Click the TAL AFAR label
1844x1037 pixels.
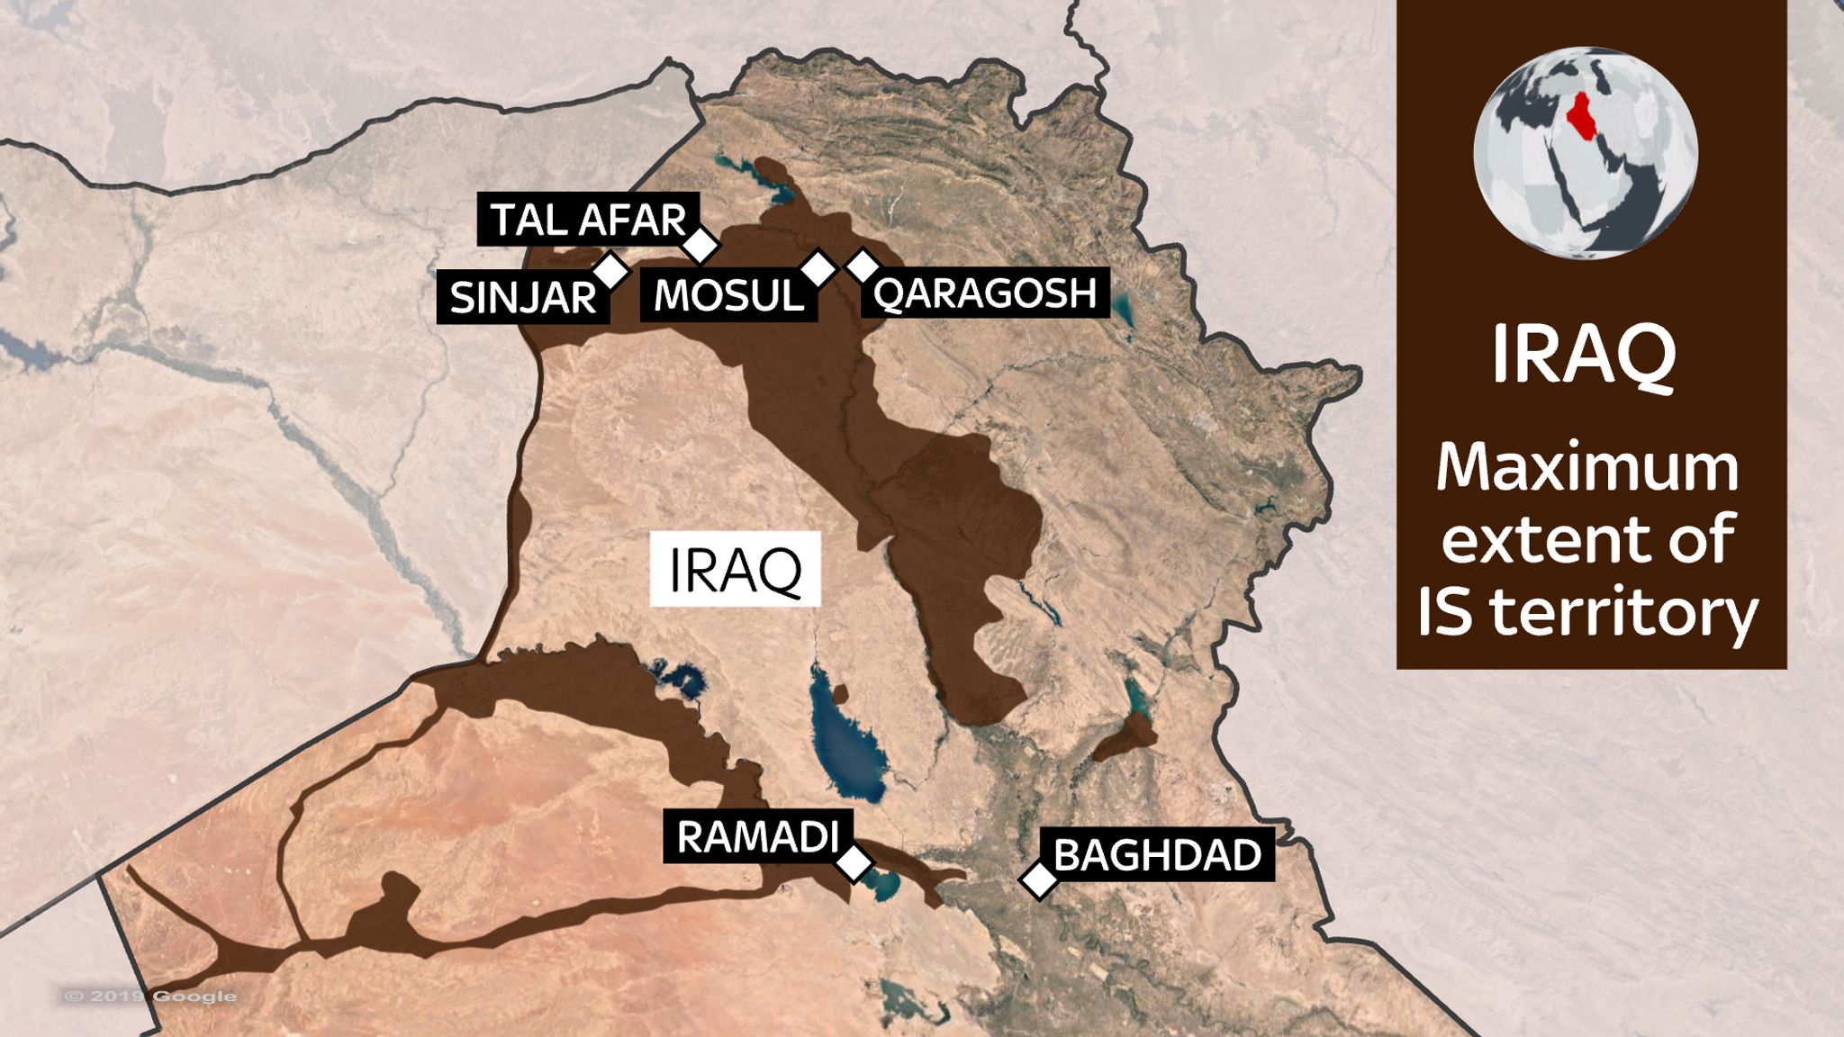(587, 220)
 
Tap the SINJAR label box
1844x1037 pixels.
(522, 297)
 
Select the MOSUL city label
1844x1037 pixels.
(728, 295)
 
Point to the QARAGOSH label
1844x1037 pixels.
(984, 293)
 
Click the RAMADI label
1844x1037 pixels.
(756, 837)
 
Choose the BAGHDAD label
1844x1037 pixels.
(1157, 854)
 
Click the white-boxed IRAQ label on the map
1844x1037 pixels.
(735, 569)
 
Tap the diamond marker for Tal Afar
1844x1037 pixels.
(701, 244)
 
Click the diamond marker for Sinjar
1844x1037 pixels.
(610, 269)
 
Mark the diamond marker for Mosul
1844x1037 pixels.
(818, 267)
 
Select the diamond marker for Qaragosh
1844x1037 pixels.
(863, 265)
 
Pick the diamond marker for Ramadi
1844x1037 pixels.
(854, 862)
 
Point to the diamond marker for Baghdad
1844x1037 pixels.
(1039, 879)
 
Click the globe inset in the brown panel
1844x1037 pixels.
(1586, 153)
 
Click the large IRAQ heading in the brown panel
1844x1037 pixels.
(1585, 355)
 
